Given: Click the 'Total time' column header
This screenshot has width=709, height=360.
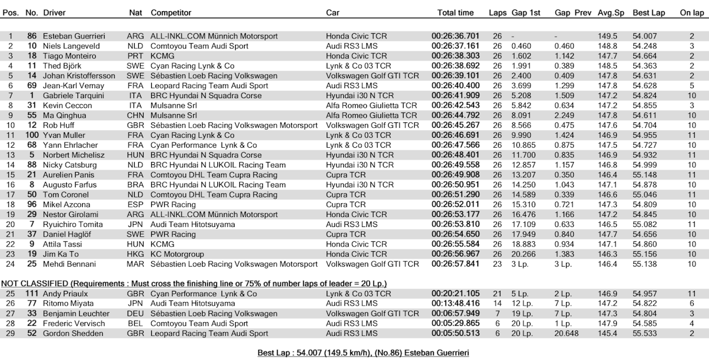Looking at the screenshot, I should [x=456, y=13].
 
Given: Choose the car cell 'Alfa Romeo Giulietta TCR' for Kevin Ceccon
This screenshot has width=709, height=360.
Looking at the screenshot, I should [x=371, y=105].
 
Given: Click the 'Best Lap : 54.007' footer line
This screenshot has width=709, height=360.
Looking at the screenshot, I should [x=363, y=353].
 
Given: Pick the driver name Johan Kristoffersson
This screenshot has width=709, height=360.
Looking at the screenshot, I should [x=80, y=76].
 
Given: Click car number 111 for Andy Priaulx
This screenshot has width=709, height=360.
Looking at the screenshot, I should [x=31, y=294].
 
